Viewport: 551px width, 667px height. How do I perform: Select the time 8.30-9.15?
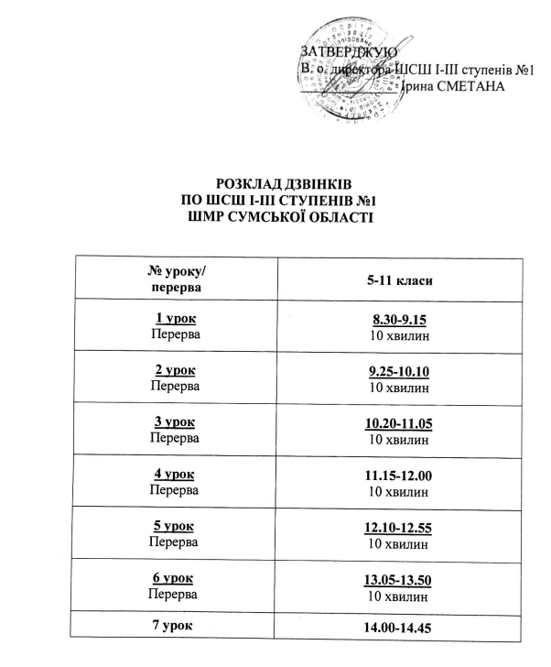(x=400, y=320)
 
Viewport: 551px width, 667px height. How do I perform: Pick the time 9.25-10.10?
(x=400, y=372)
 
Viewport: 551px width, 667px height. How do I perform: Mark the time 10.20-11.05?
(x=400, y=423)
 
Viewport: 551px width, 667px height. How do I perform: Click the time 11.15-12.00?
(x=400, y=476)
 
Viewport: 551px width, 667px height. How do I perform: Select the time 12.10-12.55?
(x=400, y=528)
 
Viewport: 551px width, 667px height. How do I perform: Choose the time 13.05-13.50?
(x=400, y=580)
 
